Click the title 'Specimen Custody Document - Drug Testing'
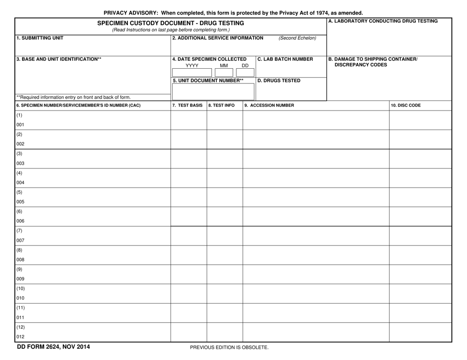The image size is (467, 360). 171,23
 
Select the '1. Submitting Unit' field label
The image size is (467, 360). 40,37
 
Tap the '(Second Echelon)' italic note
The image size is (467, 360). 297,38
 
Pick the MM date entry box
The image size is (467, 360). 224,72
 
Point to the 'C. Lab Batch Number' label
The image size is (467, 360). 285,59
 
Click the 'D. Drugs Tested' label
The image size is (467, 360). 279,81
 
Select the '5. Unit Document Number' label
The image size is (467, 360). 208,81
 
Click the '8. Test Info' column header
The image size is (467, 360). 222,105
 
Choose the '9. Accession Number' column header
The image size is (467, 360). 269,105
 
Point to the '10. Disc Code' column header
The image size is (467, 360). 406,105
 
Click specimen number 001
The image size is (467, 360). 20,125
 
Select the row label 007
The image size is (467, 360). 20,241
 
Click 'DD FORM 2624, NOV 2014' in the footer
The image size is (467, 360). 53,347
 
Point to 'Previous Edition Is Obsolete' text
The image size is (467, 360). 230,348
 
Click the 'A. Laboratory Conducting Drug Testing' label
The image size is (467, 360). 382,21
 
